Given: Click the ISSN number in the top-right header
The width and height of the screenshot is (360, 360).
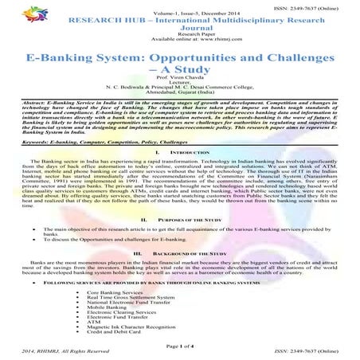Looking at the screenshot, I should [315, 5].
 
